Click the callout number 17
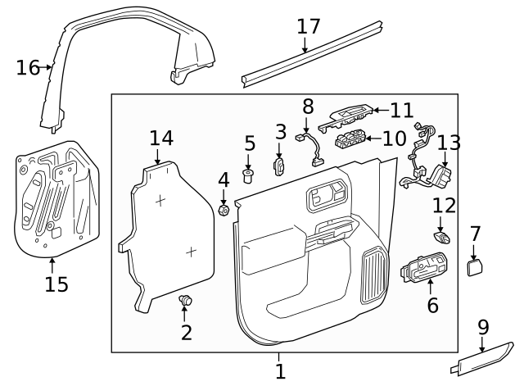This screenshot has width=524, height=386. (309, 26)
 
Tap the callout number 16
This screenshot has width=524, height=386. (28, 66)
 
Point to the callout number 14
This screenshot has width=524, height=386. (161, 138)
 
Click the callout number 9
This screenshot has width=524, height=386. (483, 327)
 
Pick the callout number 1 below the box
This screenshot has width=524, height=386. (280, 371)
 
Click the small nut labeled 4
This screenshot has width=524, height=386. (224, 211)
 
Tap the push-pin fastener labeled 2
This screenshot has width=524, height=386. (186, 302)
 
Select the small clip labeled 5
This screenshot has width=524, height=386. (249, 175)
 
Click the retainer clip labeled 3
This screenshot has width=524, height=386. (278, 166)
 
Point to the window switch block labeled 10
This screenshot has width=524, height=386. (354, 140)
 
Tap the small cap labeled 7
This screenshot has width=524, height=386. (474, 266)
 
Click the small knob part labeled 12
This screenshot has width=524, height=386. (443, 238)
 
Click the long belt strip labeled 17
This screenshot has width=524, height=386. (311, 52)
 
